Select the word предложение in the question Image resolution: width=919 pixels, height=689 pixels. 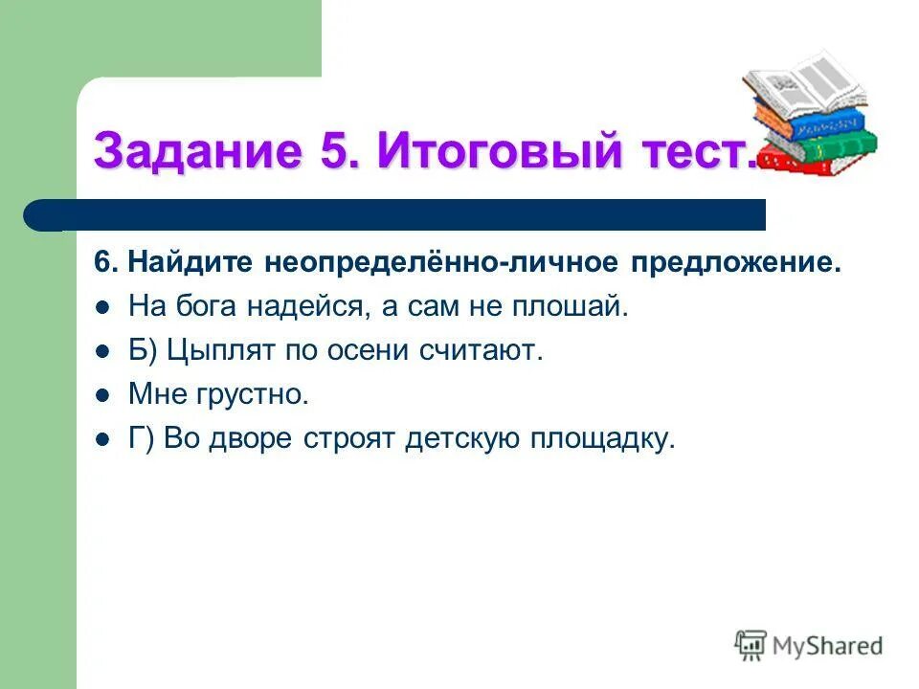pos(736,263)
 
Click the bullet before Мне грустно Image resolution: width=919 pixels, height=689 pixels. pos(103,394)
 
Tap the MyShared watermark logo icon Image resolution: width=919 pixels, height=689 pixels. pos(751,645)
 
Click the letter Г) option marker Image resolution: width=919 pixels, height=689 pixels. pos(142,439)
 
